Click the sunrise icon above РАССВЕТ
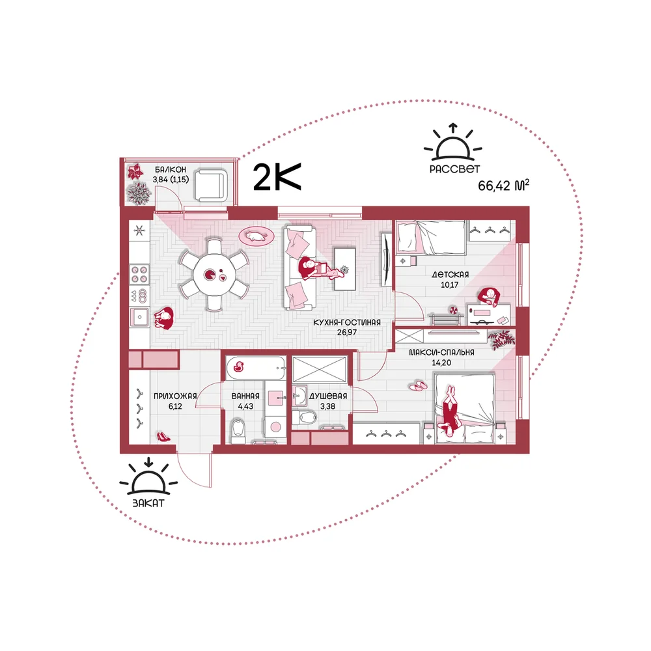(453, 143)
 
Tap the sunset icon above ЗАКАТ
(148, 477)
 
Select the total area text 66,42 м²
(504, 185)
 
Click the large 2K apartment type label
(277, 177)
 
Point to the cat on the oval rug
(256, 236)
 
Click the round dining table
(215, 275)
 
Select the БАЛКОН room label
(171, 169)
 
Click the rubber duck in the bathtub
(239, 366)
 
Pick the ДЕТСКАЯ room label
(450, 275)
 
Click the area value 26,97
(347, 332)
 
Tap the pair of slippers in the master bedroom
(418, 385)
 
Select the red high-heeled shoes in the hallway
(163, 436)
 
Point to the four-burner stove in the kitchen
(139, 275)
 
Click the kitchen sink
(139, 317)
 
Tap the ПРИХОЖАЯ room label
(175, 396)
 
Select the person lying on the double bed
(449, 411)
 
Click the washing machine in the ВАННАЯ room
(275, 426)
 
